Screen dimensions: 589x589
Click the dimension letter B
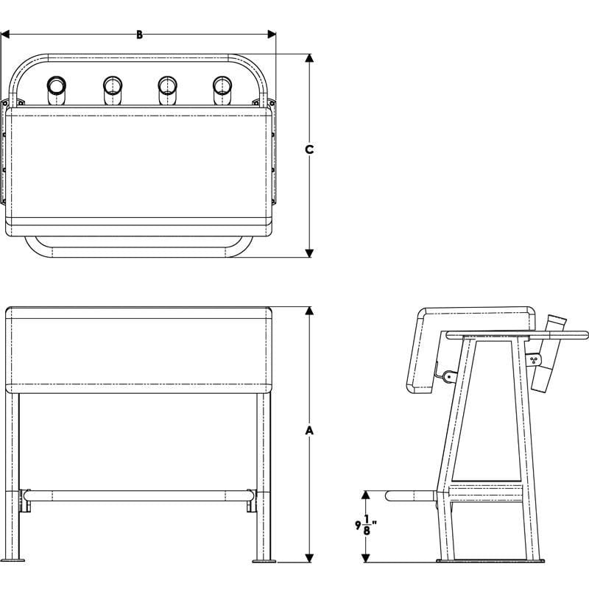pyautogui.click(x=139, y=34)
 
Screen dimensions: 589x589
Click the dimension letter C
pyautogui.click(x=310, y=149)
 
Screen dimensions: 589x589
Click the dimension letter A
pyautogui.click(x=310, y=428)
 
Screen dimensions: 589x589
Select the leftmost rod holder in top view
pyautogui.click(x=57, y=89)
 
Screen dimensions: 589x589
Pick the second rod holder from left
pyautogui.click(x=112, y=89)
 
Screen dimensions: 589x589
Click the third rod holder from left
pyautogui.click(x=167, y=89)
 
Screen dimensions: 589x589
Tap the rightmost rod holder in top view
pyautogui.click(x=222, y=89)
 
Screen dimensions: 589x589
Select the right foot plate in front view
pyautogui.click(x=264, y=560)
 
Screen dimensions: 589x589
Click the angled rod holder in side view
pyautogui.click(x=547, y=356)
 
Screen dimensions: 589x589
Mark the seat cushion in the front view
pyautogui.click(x=138, y=350)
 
